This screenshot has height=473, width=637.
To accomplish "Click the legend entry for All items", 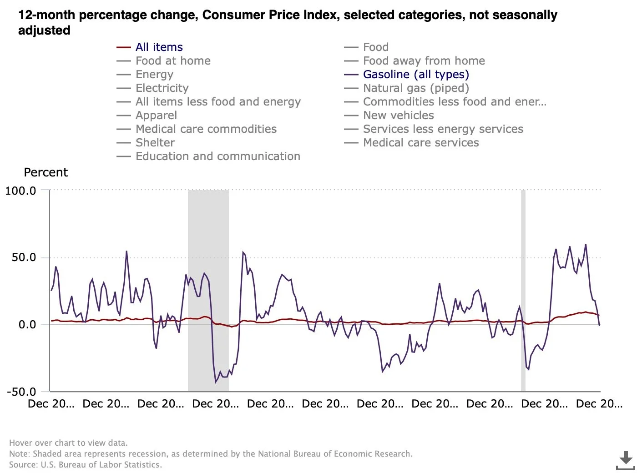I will click(159, 47).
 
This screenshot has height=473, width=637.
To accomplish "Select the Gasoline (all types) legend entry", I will click(415, 75).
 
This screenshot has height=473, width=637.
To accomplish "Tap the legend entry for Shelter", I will click(155, 143).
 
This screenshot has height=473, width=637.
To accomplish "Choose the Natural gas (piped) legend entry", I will click(415, 88).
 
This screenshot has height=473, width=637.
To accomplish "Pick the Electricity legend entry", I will click(162, 88).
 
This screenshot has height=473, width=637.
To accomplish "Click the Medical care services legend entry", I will click(420, 143).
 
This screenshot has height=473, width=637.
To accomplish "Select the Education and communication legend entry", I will click(217, 156).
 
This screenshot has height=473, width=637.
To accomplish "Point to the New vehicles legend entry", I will click(398, 116).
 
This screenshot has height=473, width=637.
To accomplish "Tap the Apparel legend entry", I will click(156, 116).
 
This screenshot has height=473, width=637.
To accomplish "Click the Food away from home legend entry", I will click(424, 61).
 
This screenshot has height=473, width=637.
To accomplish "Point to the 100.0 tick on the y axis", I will click(20, 191).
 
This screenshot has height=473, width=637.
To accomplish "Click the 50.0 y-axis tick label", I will click(24, 257).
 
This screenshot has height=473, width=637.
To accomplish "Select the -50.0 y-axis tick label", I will click(21, 392).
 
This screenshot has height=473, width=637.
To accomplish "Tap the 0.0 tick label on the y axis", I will click(27, 325).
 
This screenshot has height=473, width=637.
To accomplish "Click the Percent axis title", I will click(45, 172).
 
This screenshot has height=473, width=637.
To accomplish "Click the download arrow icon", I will click(626, 460).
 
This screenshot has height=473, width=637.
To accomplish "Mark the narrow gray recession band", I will click(523, 291).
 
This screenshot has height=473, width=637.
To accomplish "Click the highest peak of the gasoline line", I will click(586, 244).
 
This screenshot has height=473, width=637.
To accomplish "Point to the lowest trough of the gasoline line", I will click(216, 382).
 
